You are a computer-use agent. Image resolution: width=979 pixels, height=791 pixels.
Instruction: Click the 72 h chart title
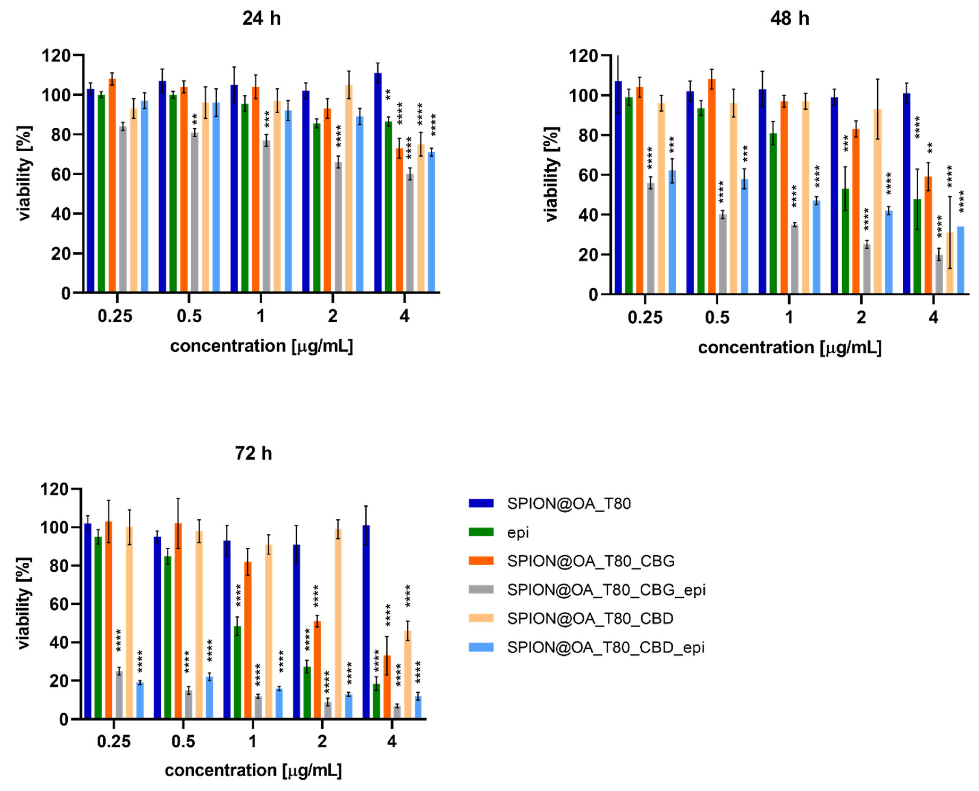tap(253, 453)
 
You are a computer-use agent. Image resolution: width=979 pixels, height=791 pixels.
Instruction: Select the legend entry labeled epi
tap(518, 532)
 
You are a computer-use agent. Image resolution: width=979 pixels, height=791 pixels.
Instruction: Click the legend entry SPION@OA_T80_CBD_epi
tap(606, 647)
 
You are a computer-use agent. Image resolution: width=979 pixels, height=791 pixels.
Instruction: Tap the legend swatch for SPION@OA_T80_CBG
tap(481, 561)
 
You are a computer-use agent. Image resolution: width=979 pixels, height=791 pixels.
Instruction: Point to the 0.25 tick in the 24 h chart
tap(115, 316)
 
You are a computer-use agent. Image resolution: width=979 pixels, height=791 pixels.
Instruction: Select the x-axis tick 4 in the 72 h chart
tap(392, 741)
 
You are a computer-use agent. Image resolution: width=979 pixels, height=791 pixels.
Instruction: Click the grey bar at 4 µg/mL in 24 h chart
tap(410, 233)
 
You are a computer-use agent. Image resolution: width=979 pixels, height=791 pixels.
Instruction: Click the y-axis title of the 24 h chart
tap(25, 173)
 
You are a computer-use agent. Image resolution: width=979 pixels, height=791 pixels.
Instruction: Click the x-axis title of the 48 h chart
tap(789, 348)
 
